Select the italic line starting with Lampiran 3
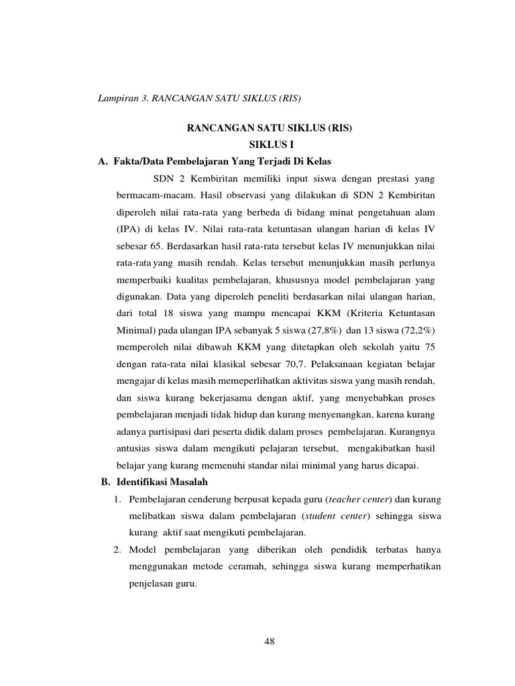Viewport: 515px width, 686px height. click(200, 99)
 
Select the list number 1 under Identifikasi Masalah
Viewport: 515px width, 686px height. click(116, 499)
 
